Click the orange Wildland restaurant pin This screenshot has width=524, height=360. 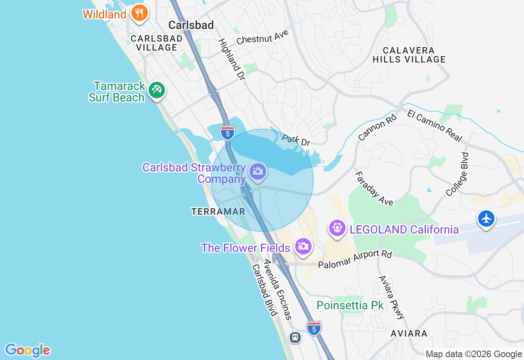(139, 13)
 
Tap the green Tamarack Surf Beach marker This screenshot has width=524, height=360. (156, 90)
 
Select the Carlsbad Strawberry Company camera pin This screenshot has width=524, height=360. (258, 171)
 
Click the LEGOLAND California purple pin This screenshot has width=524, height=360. (337, 227)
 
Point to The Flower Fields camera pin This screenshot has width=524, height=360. (303, 246)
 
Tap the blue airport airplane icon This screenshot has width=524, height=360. (486, 219)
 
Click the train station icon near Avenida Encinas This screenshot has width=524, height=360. (295, 337)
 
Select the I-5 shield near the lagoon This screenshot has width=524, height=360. (228, 133)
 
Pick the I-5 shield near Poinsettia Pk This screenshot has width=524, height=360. (314, 328)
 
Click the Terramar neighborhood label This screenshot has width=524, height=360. (218, 211)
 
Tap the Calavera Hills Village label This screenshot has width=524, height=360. (409, 55)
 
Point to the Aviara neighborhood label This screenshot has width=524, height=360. (409, 333)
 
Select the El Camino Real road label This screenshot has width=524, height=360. (434, 126)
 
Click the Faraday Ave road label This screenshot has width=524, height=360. (373, 189)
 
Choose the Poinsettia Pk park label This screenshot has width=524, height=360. (350, 306)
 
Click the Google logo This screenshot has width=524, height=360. (27, 350)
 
